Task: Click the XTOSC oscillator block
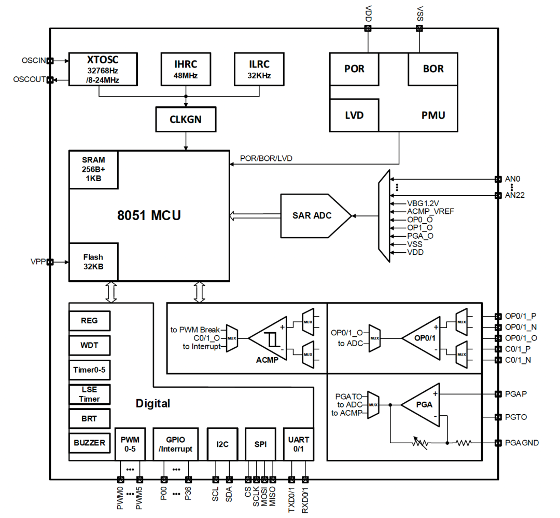coord(103,68)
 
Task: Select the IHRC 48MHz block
coord(186,69)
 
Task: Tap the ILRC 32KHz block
coord(259,69)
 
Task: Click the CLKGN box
coord(186,119)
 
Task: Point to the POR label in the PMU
coord(354,69)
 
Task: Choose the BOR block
coord(433,69)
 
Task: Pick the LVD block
coord(354,115)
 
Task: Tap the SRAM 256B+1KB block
coord(93,169)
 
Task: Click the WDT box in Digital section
coord(89,345)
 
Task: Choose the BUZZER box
coord(89,443)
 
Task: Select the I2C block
coord(222,444)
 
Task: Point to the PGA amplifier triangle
coord(422,404)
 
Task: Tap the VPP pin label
coord(38,262)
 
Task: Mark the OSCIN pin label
coord(34,61)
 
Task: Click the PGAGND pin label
coord(522,443)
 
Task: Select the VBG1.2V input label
coord(423,203)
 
